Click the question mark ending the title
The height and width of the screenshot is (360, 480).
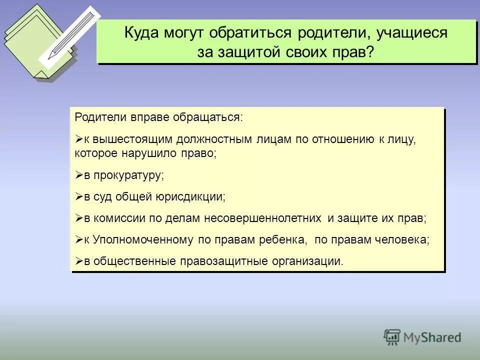pyautogui.click(x=370, y=51)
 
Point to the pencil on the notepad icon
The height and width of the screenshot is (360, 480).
pyautogui.click(x=70, y=35)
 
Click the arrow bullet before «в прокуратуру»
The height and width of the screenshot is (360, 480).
pyautogui.click(x=78, y=175)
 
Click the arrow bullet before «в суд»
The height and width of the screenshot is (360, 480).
pyautogui.click(x=78, y=197)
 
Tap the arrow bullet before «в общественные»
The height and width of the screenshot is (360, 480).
pyautogui.click(x=78, y=261)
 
